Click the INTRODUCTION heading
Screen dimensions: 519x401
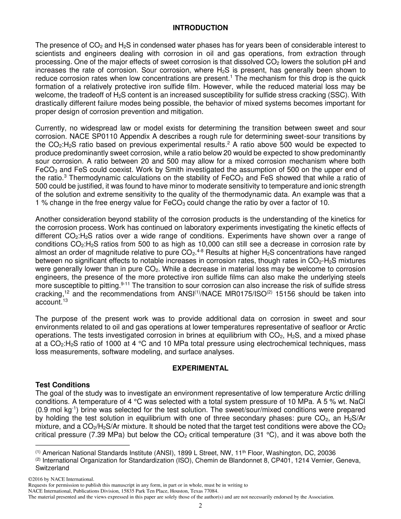tap(200, 28)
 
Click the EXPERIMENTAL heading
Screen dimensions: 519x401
tap(200, 368)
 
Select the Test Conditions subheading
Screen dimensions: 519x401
tap(62, 385)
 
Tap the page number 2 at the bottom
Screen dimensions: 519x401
tap(200, 506)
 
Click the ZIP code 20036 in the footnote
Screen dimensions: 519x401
tap(327, 453)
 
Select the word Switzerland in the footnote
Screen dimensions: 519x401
tap(51, 468)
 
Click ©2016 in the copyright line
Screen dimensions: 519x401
tap(37, 479)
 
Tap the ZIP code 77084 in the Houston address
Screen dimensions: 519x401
tap(211, 491)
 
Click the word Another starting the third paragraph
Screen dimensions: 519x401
tap(49, 219)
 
